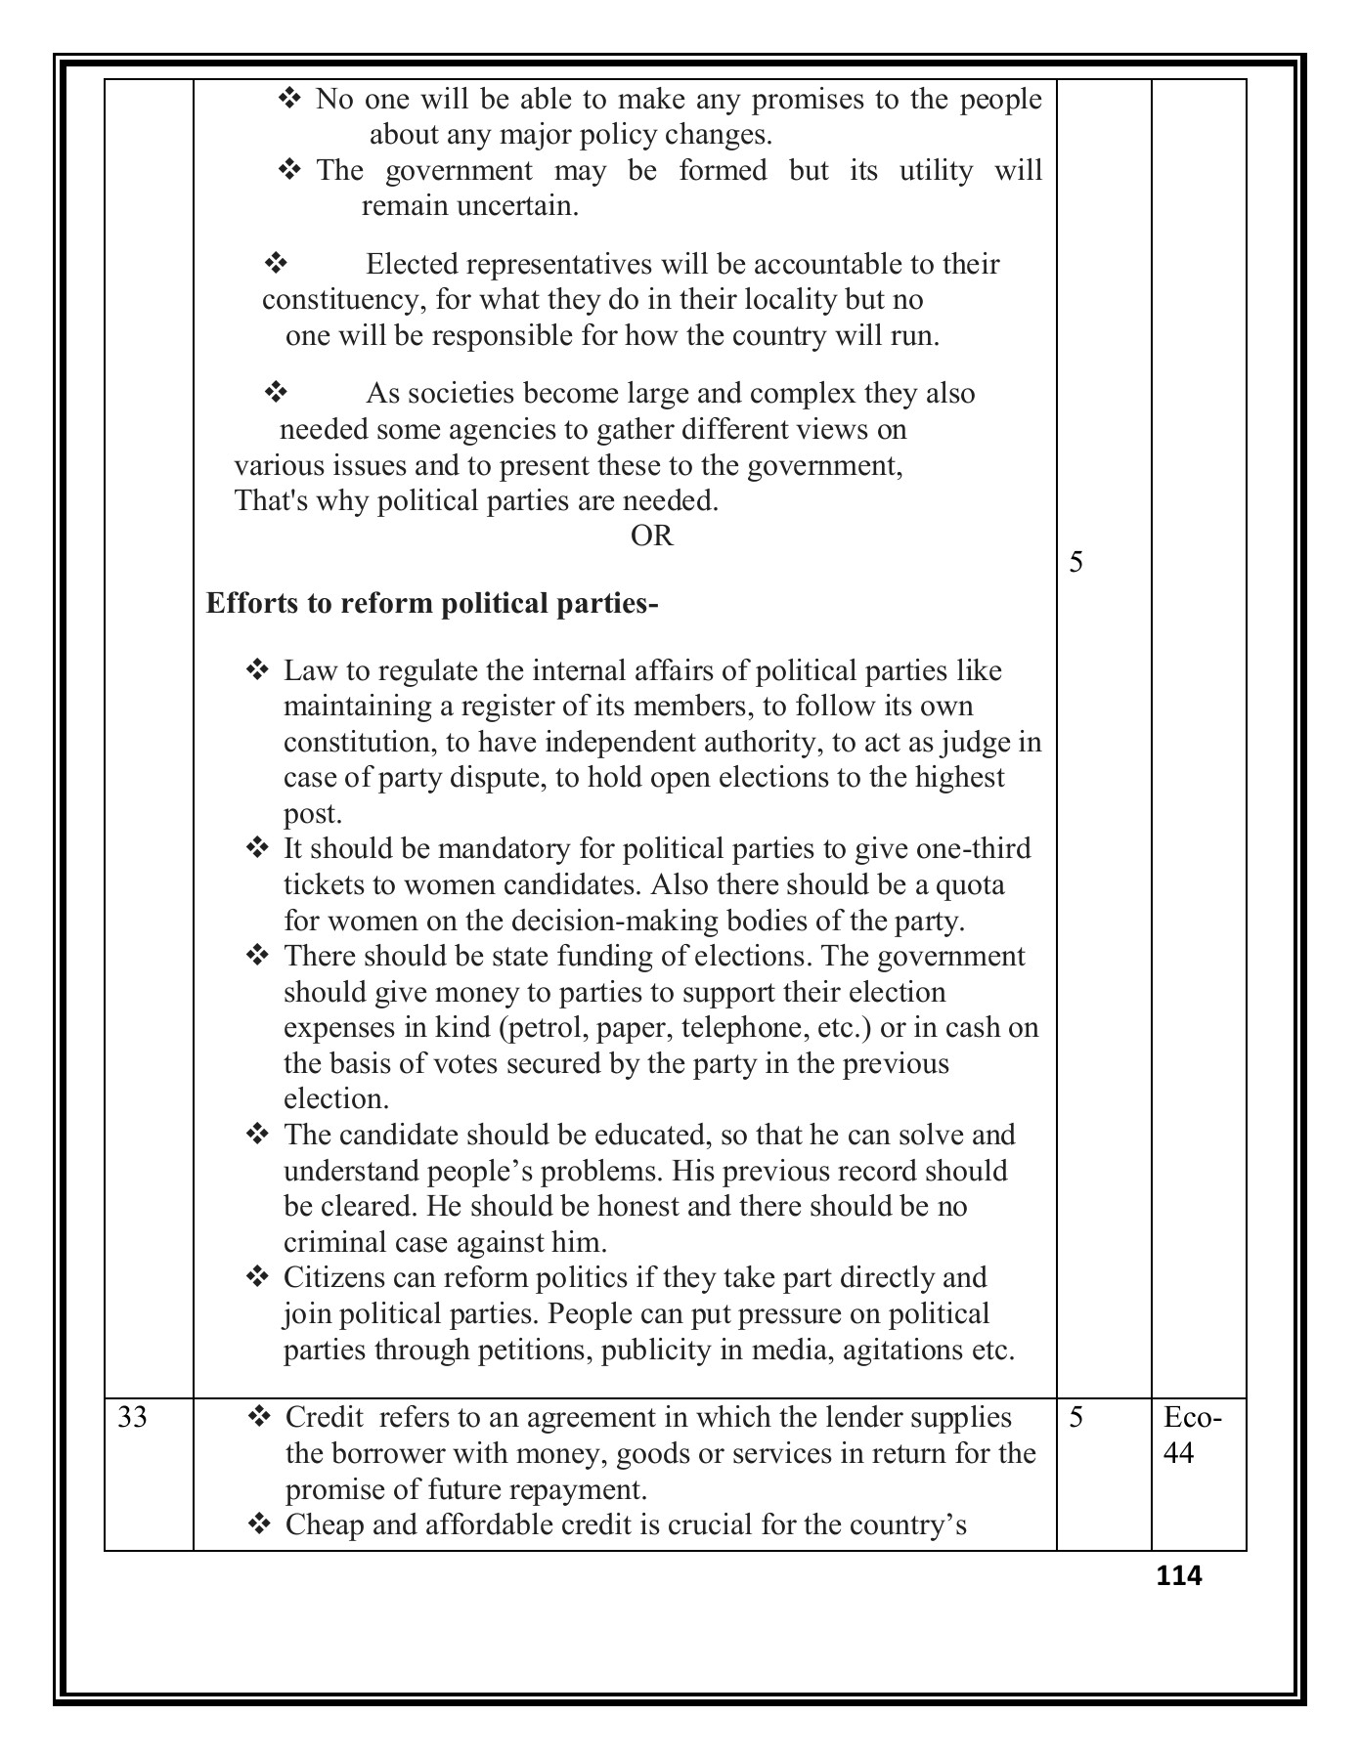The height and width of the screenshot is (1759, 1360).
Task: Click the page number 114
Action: [1178, 1575]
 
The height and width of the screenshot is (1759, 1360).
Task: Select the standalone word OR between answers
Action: [651, 536]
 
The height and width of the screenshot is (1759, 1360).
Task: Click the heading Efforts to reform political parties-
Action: [432, 604]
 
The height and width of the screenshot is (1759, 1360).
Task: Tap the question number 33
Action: [132, 1417]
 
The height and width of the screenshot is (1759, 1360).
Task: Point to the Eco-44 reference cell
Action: [1193, 1435]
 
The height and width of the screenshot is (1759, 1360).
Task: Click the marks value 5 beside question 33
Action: [1075, 1417]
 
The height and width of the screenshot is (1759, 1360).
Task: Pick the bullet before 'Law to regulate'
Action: [257, 670]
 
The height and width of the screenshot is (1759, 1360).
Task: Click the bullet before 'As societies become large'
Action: [275, 393]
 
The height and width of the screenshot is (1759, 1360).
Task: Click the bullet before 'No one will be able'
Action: [289, 99]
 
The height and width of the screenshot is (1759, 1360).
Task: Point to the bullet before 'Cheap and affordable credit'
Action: [259, 1524]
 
